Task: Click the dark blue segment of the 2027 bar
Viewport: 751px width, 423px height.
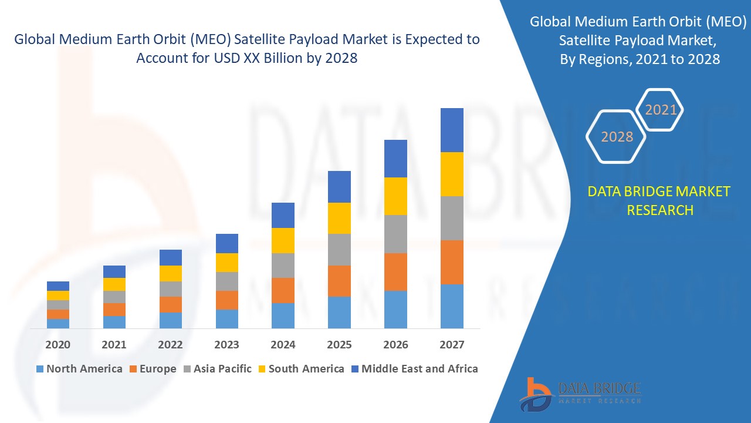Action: [452, 130]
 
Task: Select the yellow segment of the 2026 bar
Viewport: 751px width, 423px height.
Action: [395, 196]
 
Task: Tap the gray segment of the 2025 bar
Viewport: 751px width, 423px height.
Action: [339, 250]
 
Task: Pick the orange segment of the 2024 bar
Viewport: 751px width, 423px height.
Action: [283, 290]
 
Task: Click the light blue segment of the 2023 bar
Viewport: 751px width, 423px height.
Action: [226, 318]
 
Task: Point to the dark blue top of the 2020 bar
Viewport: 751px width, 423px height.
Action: [58, 286]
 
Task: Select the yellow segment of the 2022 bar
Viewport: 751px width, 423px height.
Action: [171, 273]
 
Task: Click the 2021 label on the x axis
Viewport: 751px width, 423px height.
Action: [114, 345]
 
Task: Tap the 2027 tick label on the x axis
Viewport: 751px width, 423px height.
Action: [452, 345]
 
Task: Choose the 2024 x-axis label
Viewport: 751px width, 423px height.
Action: [283, 345]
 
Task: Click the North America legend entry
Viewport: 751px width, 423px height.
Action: [79, 369]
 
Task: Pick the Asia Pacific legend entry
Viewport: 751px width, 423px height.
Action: [216, 369]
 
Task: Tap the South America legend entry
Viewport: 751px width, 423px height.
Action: [300, 369]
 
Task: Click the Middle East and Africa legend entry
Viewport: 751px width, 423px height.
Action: [414, 369]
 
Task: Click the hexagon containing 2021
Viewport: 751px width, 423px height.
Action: [661, 110]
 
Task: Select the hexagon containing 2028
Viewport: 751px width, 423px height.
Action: [617, 137]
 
